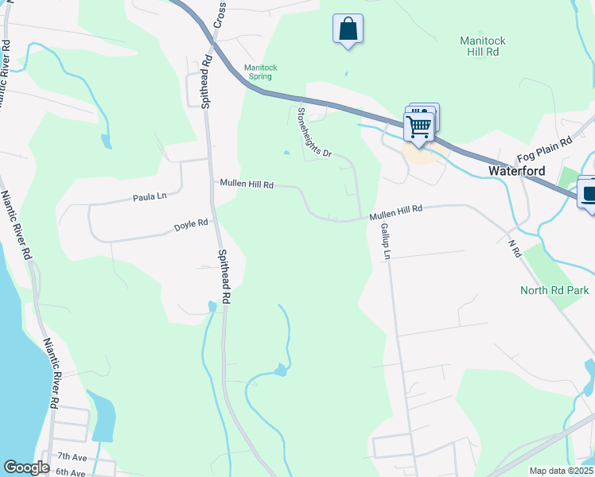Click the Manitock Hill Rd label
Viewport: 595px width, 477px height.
coord(483,46)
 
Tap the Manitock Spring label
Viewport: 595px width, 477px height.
coord(260,72)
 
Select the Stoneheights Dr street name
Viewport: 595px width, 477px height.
coord(313,133)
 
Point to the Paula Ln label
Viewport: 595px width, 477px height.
coord(150,196)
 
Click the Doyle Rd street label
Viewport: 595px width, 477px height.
coord(191,227)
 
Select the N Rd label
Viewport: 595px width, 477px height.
coord(513,249)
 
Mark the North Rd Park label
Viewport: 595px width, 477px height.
coord(554,290)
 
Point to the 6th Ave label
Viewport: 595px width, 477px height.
coord(70,472)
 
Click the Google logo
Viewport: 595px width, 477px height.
coord(26,467)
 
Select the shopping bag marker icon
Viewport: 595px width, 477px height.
coord(348,29)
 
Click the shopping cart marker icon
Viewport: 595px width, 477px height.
coord(418,125)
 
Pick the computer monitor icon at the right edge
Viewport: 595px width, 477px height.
coord(589,193)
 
